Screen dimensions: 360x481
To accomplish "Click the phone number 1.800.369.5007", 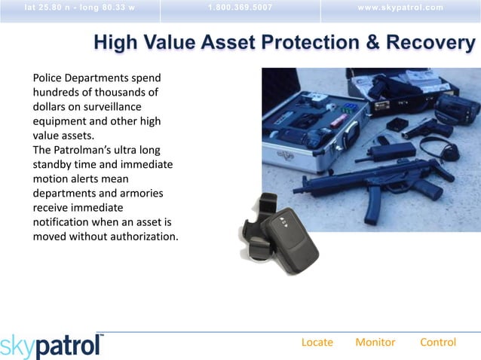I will click(240, 8).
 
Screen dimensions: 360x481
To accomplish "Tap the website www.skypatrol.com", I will click(401, 8).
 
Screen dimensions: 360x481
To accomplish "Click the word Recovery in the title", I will click(430, 44).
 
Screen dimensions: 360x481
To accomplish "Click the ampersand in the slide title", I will click(373, 44).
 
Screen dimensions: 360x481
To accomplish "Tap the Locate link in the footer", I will click(317, 342).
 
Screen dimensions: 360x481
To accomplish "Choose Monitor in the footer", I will click(375, 342).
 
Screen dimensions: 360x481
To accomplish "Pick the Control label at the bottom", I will click(437, 342).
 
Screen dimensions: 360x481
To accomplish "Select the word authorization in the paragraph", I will click(142, 236).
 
